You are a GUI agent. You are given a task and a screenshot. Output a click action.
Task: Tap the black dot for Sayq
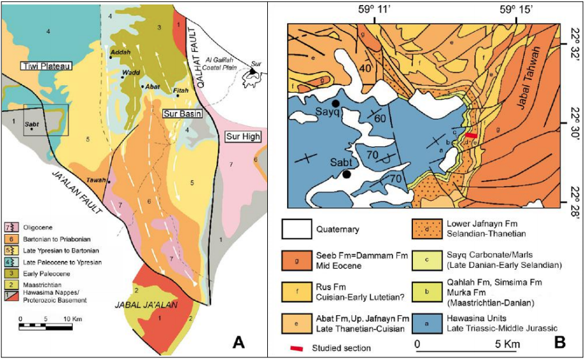[x=335, y=103]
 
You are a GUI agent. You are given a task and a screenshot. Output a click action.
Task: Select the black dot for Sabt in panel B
[x=347, y=174]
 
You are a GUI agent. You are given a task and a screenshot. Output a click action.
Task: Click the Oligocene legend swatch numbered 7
[x=10, y=227]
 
